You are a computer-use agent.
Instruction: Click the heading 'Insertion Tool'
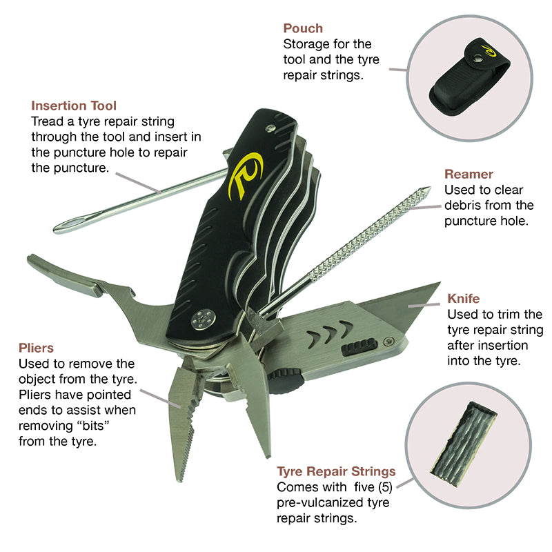coord(74,106)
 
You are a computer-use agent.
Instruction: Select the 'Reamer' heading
coord(469,174)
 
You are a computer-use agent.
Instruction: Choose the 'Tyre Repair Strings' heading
coord(336,472)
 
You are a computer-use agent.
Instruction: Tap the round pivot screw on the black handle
coord(202,317)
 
